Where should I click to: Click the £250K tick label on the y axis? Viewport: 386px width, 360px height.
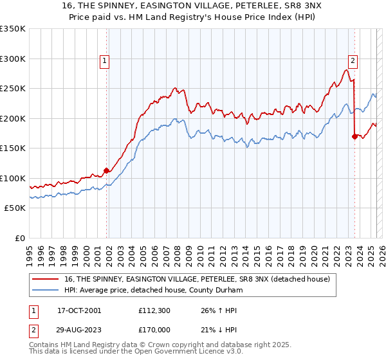coord(13,89)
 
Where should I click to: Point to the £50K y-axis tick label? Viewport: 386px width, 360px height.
coord(15,208)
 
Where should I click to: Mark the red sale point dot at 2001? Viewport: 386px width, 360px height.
coord(107,170)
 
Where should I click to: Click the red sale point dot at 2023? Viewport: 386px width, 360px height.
coord(354,136)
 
